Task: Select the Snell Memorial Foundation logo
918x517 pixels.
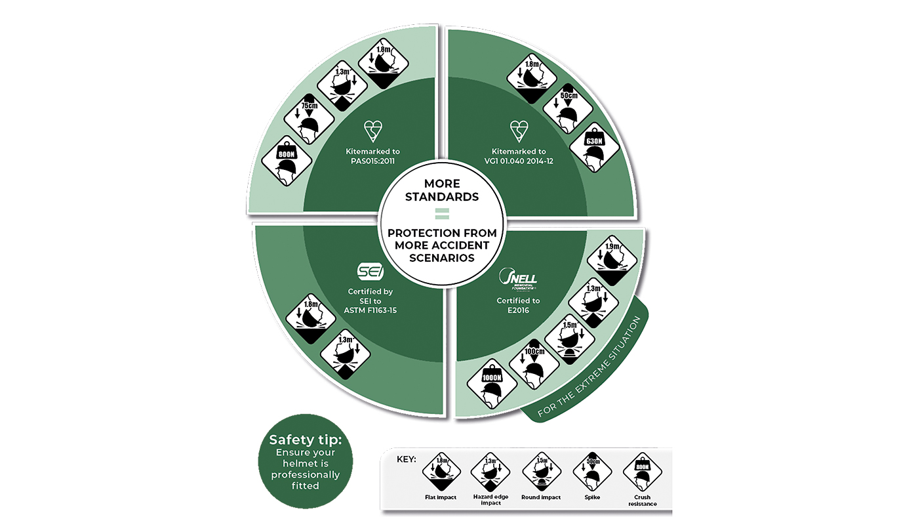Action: pos(518,279)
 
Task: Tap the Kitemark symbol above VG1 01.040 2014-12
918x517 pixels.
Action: pos(518,131)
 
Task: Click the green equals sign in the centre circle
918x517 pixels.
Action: pos(441,213)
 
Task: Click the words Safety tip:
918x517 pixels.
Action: pos(306,440)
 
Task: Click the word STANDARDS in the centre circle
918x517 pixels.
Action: pos(441,196)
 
